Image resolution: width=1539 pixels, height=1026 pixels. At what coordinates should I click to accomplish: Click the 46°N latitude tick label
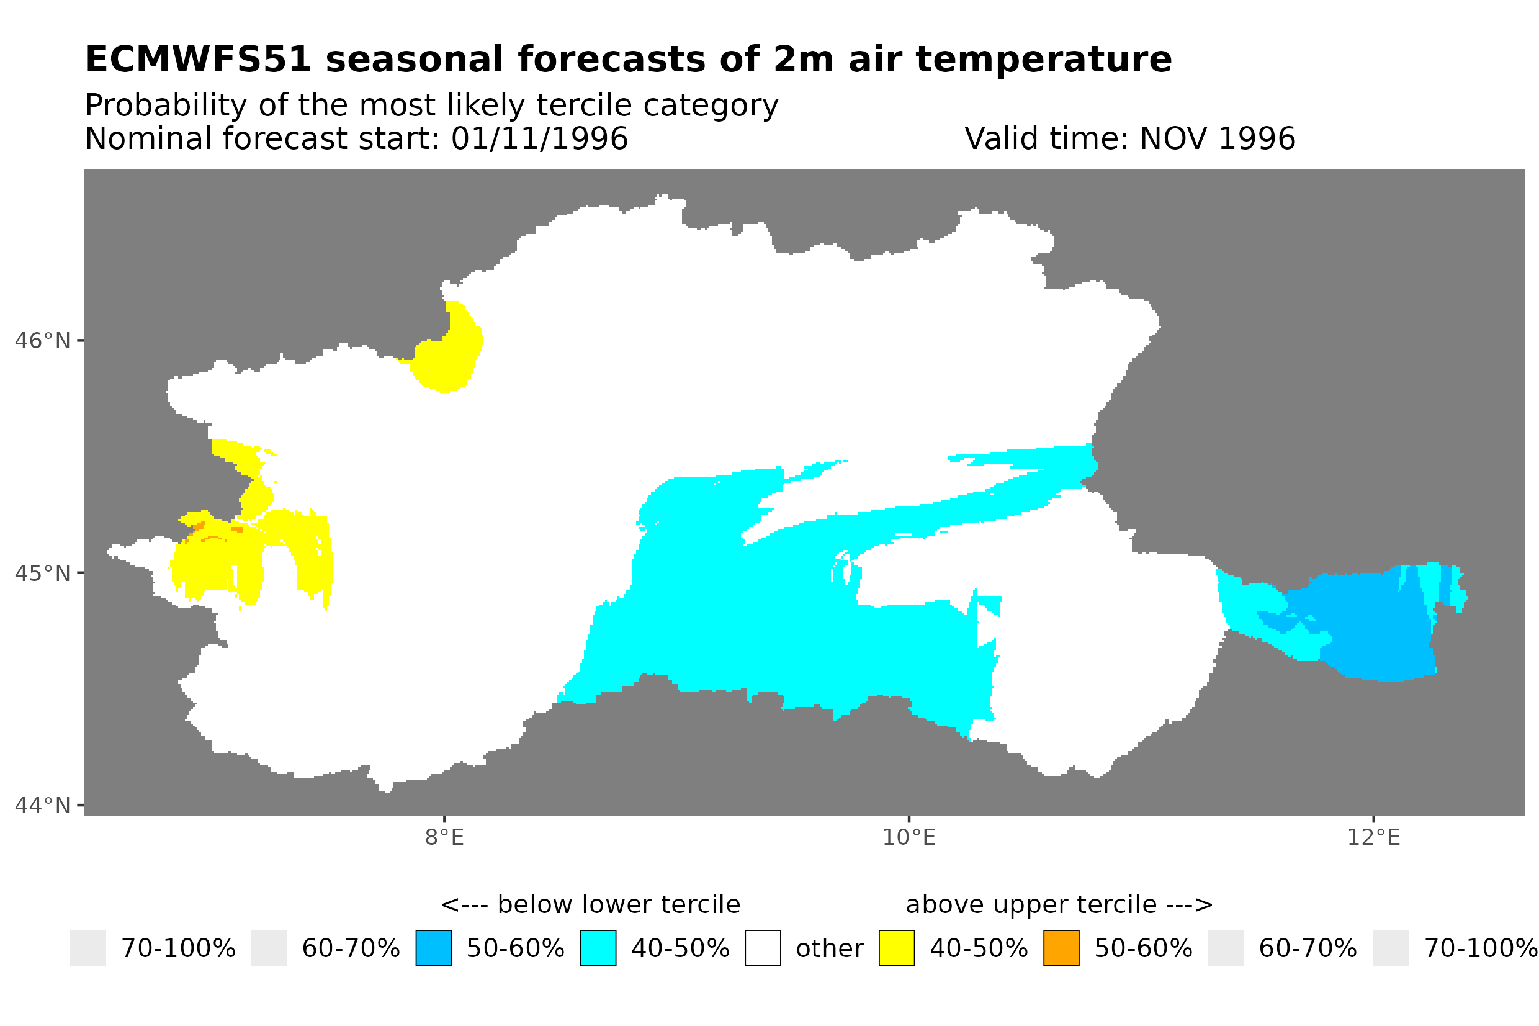coord(42,341)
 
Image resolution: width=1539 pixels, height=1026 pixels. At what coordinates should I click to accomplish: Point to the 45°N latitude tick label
coord(42,573)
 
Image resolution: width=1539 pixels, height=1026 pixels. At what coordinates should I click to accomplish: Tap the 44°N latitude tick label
coord(42,806)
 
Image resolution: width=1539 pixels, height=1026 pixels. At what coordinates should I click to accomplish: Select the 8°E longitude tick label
coord(445,837)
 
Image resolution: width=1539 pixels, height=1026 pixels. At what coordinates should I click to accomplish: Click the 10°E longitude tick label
coord(909,837)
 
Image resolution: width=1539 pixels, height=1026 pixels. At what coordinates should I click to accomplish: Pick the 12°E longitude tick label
coord(1373,837)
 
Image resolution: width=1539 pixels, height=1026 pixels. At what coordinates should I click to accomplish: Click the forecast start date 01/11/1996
coord(540,138)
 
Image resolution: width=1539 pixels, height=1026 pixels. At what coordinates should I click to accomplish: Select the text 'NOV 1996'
coord(1217,138)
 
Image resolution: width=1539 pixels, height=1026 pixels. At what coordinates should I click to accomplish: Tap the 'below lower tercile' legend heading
coord(590,904)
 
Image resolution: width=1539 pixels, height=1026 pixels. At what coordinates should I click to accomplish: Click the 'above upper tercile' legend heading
coord(1059,904)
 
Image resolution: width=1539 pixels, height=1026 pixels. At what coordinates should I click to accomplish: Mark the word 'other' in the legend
coord(829,949)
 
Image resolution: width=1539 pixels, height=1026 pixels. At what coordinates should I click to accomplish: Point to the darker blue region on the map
coord(1373,628)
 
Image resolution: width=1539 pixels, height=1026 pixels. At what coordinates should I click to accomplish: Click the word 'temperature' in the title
coord(1043,60)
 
